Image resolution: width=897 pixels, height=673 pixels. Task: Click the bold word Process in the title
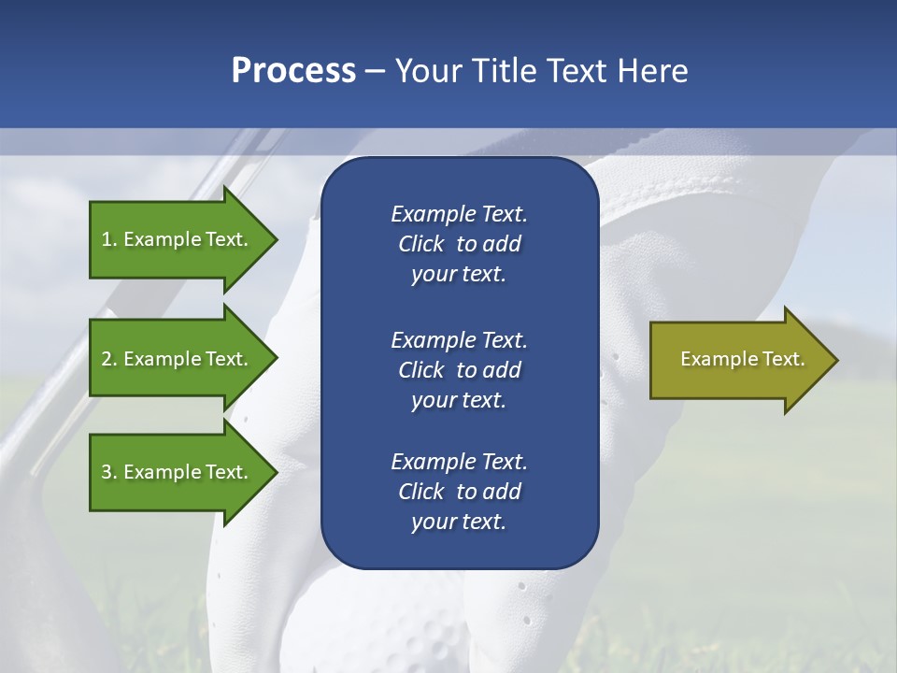click(x=293, y=71)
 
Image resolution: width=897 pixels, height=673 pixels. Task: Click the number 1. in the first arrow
click(x=109, y=239)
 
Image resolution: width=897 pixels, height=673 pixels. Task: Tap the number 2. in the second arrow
click(x=109, y=359)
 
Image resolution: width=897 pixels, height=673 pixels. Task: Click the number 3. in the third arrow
click(x=109, y=472)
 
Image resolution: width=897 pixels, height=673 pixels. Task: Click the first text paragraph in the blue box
click(x=459, y=244)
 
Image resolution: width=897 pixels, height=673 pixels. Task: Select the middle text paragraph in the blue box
click(x=459, y=370)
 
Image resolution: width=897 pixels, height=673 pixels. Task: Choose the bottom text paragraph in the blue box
click(x=459, y=492)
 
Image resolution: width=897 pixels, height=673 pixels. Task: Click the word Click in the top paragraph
click(x=421, y=244)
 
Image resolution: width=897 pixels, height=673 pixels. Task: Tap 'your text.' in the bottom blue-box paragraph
click(x=459, y=522)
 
